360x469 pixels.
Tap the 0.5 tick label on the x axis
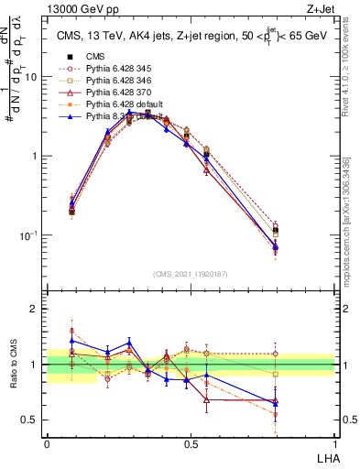[x=191, y=443]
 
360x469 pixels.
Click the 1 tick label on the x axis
[x=334, y=443]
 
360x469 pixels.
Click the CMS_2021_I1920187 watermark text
[x=191, y=273]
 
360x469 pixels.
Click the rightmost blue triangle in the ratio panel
[x=300, y=402]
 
